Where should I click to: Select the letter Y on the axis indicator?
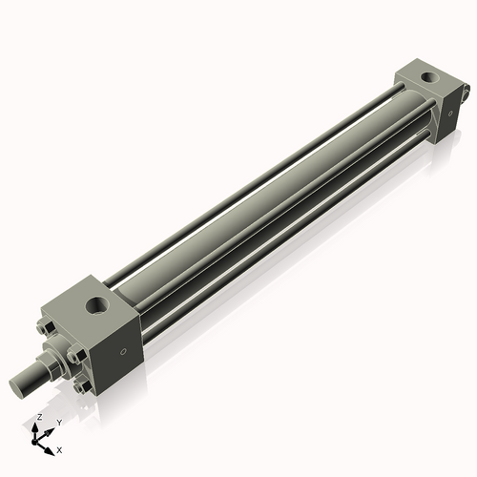[58, 422]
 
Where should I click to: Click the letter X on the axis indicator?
[60, 448]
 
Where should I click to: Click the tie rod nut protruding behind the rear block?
[467, 93]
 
